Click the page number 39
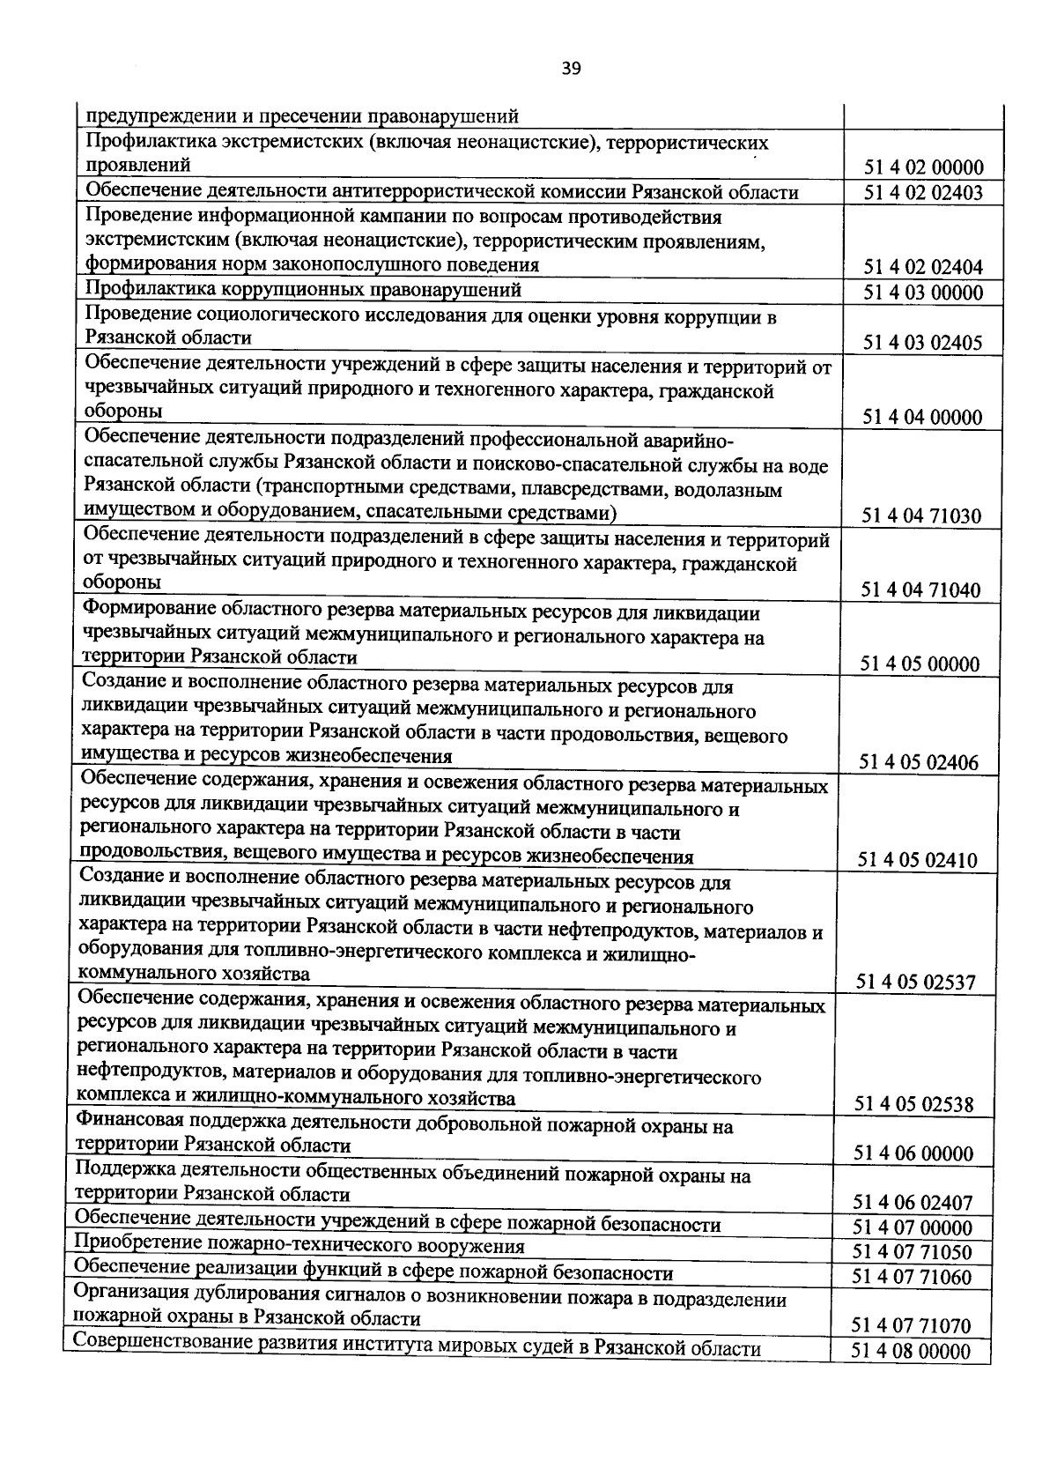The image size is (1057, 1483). click(571, 69)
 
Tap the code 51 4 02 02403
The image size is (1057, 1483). click(923, 193)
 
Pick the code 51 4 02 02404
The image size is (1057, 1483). click(923, 267)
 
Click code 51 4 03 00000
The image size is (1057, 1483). click(923, 293)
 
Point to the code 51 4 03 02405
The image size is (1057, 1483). click(923, 342)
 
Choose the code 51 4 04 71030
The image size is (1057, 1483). click(922, 515)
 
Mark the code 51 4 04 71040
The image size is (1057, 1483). click(921, 589)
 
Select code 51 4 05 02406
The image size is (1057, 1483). click(920, 762)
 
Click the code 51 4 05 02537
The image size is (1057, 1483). click(917, 982)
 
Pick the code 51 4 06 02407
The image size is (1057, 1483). click(913, 1202)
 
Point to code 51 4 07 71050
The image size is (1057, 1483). click(913, 1252)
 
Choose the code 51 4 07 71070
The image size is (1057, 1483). click(912, 1325)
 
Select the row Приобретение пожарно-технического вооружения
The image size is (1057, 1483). click(299, 1246)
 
